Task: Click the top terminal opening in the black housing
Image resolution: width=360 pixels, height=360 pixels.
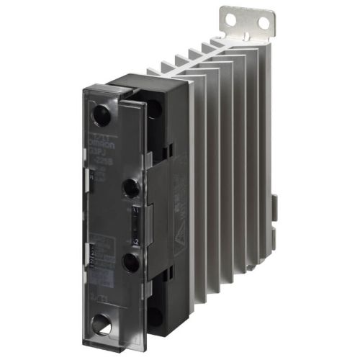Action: point(155,108)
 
